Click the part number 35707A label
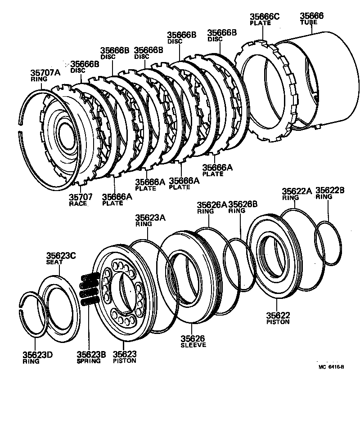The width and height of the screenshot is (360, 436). tap(45, 75)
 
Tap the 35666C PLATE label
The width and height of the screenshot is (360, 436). tap(264, 19)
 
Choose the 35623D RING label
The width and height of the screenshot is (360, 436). tap(38, 357)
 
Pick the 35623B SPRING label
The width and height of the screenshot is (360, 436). tap(91, 357)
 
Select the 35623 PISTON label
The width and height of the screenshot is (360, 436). tap(125, 357)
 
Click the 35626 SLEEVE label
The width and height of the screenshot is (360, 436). tap(193, 341)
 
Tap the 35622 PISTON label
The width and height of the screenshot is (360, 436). tap(278, 318)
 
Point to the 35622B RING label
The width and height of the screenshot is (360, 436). tap(330, 193)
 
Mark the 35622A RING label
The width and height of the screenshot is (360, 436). tap(297, 193)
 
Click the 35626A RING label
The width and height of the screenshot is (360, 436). tap(211, 207)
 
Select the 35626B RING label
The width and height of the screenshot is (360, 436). tap(243, 207)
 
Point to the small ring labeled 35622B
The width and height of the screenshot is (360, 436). tap(331, 243)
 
